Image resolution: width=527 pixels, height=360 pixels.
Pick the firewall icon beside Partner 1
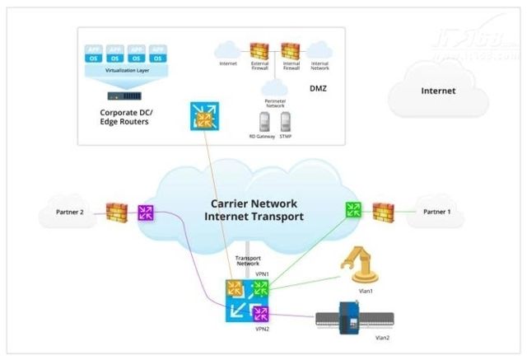point(381,211)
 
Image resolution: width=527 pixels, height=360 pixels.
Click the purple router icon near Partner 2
point(147,213)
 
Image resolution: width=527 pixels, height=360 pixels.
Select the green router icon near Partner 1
point(352,211)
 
